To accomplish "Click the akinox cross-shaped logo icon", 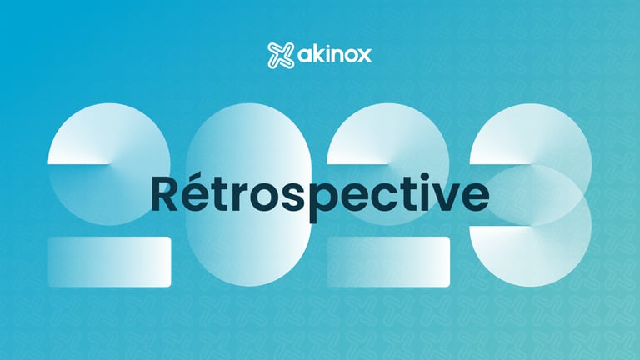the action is [280, 55].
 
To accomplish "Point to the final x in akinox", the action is [364, 55].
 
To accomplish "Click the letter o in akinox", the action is [349, 55].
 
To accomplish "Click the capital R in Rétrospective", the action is [164, 193].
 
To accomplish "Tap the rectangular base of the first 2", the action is [109, 262].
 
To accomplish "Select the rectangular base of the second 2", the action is [388, 262].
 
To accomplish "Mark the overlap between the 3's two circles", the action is [531, 195].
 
